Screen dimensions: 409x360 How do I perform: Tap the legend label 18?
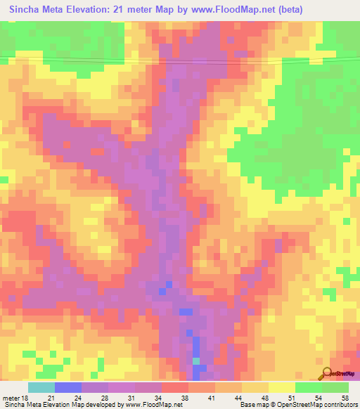(27, 397)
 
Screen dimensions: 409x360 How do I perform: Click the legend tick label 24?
(94, 397)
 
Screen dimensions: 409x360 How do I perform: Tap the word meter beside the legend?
(11, 397)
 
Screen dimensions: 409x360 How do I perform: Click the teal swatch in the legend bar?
(41, 387)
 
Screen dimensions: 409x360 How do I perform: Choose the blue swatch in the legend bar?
(67, 387)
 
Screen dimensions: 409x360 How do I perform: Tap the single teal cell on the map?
(196, 361)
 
